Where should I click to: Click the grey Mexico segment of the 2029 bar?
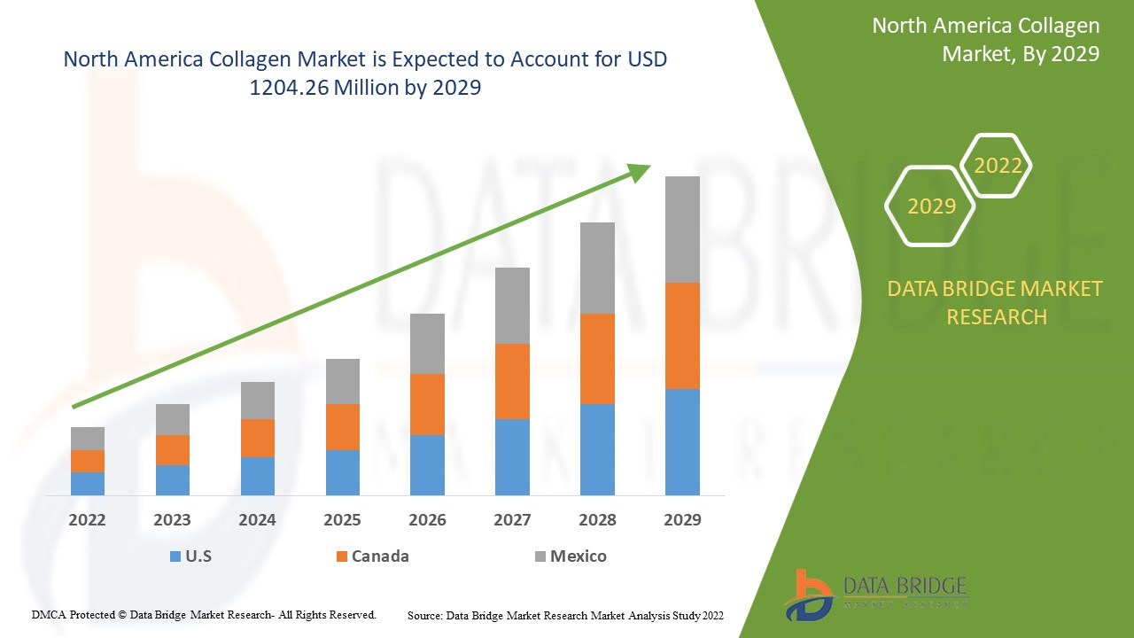[x=682, y=230]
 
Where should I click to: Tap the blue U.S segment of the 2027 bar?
[x=512, y=456]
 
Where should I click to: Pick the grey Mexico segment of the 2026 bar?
[x=427, y=344]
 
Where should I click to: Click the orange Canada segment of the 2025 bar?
[x=343, y=427]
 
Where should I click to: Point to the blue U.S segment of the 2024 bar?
[x=258, y=476]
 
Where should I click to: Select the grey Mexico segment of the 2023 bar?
[x=173, y=419]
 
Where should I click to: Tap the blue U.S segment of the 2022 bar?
[x=88, y=483]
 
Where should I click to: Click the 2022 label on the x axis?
[x=87, y=520]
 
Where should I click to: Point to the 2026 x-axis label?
[x=427, y=520]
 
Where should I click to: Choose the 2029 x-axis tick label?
[x=682, y=520]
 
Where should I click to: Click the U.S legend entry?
[x=190, y=556]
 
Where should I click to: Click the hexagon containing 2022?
[x=998, y=166]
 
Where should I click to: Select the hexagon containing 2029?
[x=931, y=206]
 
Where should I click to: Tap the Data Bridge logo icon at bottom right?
[x=809, y=594]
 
